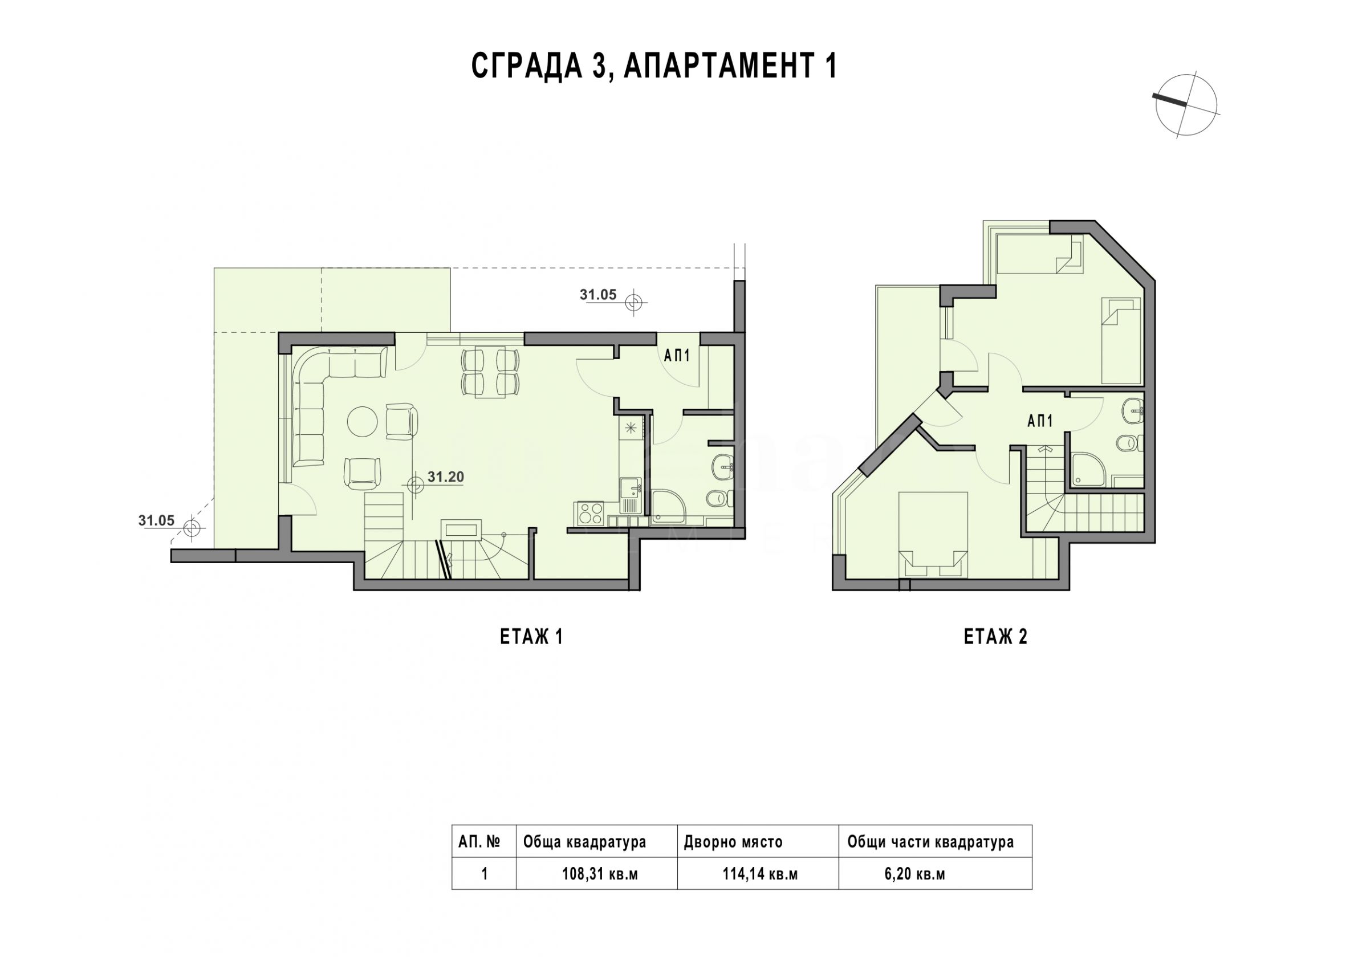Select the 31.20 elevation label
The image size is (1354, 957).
coord(446,477)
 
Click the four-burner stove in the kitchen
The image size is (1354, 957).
coord(589,512)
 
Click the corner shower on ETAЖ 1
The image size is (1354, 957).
coord(669,507)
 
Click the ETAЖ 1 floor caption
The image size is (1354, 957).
coord(531,637)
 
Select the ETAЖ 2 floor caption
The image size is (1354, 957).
coord(995,637)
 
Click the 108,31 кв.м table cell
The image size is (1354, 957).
coord(600,874)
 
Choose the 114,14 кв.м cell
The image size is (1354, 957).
coord(760,874)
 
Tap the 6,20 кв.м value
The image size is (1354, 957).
coord(914,874)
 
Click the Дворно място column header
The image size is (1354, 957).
coord(733,842)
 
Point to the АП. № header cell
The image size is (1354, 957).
coord(479,842)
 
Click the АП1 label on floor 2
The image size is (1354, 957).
coord(1040,421)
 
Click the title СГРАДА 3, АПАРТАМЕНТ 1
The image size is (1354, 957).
coord(654,66)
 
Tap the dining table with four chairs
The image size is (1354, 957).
coord(491,372)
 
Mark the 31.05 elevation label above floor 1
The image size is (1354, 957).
coord(598,295)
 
